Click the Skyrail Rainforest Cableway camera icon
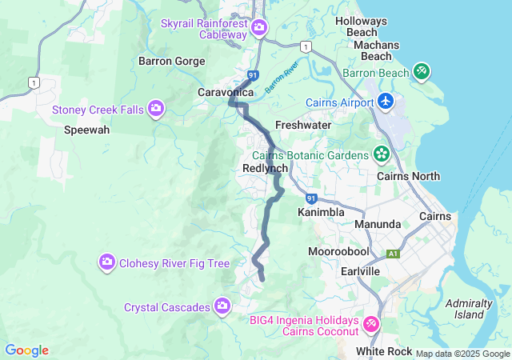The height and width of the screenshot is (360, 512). point(259,29)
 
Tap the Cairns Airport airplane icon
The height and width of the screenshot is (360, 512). point(386,102)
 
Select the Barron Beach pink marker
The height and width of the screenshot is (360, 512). point(422,72)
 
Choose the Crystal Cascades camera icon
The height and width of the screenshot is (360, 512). point(222,306)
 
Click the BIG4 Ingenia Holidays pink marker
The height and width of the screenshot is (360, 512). point(371,324)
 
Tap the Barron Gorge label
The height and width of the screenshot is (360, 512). point(171,61)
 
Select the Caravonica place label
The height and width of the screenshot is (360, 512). point(226,93)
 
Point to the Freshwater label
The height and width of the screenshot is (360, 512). point(303,126)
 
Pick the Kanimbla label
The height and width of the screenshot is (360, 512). point(321,213)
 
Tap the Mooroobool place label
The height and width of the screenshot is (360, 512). point(338,251)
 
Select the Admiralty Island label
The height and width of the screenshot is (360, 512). point(469,309)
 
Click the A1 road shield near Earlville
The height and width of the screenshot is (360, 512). point(393,254)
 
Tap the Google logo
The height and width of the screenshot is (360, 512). point(26,350)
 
